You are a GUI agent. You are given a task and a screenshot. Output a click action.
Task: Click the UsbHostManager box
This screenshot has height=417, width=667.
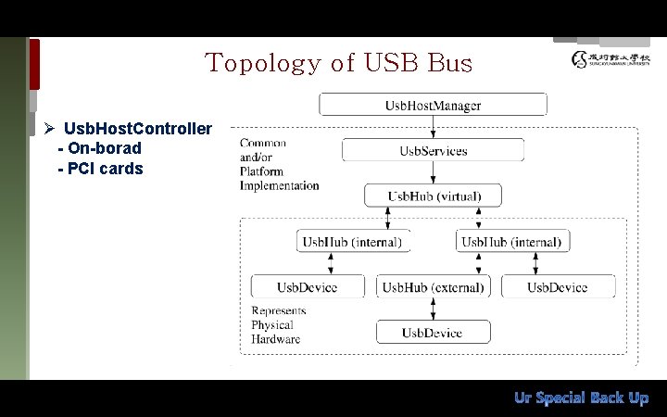coord(433,105)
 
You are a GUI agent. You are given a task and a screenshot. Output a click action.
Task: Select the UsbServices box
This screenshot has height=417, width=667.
coord(433,150)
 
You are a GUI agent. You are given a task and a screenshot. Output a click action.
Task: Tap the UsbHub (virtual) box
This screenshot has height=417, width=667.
coord(433,195)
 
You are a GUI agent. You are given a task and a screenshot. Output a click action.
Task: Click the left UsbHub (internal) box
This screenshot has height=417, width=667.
coord(353,242)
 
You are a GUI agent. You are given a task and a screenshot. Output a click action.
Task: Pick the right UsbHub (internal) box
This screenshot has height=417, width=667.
coord(512,242)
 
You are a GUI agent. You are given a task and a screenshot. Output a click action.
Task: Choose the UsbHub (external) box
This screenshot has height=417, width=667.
coord(433,286)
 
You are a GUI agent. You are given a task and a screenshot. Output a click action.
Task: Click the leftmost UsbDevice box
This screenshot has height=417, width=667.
coord(307,286)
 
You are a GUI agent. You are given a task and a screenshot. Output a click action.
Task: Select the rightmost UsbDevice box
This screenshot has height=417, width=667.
coord(558,286)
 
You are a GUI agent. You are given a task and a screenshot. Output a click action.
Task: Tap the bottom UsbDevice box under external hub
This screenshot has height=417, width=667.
coord(433,332)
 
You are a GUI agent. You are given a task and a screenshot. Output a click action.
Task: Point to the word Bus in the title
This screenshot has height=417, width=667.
coord(450,63)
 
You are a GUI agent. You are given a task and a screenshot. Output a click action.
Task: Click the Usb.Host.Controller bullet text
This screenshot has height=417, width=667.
coord(137,128)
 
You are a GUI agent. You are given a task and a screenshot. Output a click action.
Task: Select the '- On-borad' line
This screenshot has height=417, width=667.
coord(99,148)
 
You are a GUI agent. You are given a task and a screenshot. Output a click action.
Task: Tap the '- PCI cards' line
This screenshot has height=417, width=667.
coord(100,169)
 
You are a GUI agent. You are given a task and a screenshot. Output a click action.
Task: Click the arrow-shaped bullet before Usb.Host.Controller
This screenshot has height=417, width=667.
coord(51,128)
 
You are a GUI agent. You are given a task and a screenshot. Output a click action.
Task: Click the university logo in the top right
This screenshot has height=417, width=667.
coord(610,60)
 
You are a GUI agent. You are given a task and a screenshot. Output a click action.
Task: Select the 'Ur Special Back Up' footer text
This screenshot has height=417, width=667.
coord(581,398)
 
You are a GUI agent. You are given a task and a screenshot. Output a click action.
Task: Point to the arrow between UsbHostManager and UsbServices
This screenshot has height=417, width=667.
coord(433,127)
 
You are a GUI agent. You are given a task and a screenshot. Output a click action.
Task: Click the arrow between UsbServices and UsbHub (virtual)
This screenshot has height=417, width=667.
coord(433,172)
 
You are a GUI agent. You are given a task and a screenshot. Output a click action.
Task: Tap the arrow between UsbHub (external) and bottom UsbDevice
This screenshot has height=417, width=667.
coord(433,309)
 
